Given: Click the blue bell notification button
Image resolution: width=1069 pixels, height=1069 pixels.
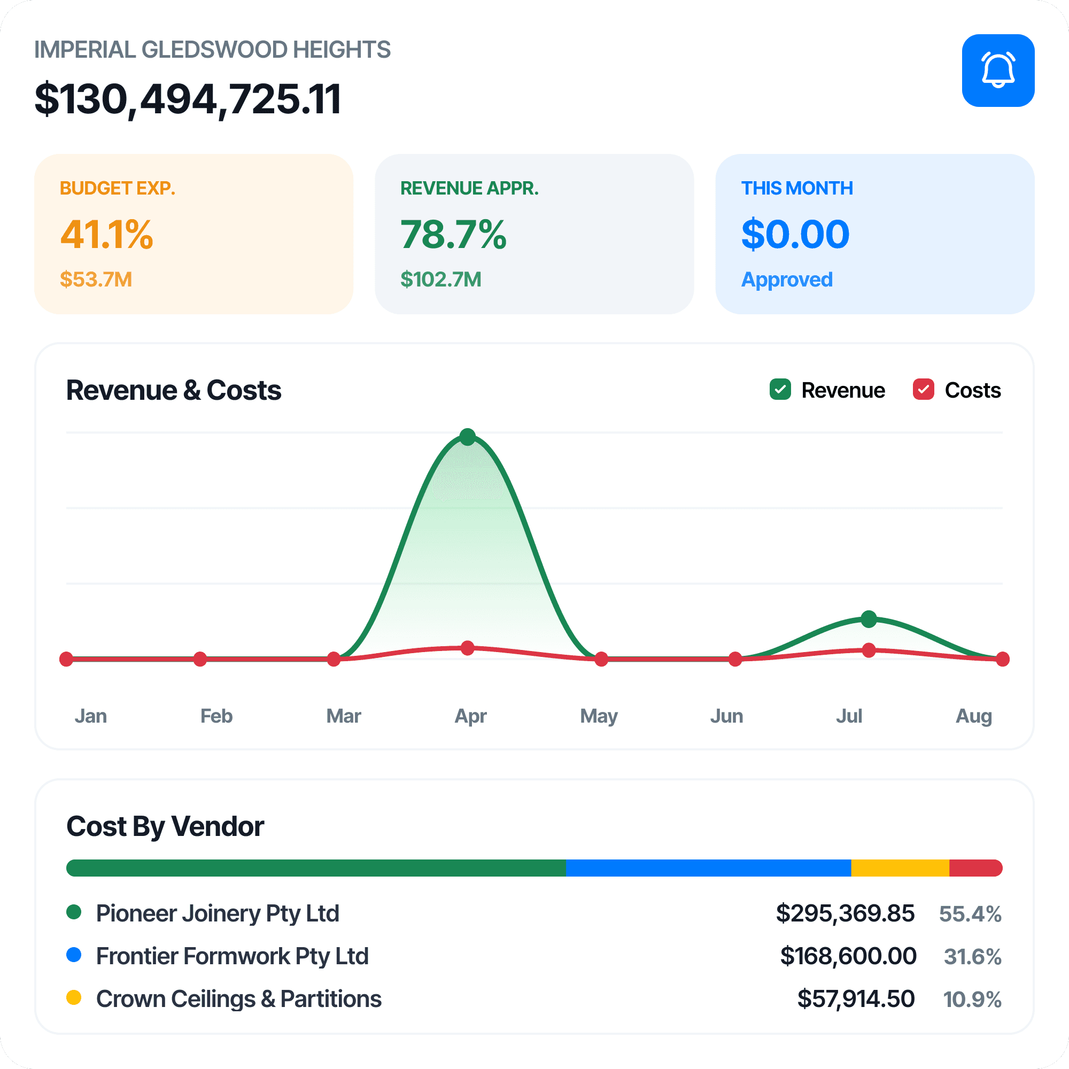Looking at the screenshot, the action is pos(998,70).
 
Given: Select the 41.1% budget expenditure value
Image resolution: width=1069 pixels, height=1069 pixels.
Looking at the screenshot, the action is pos(107,234).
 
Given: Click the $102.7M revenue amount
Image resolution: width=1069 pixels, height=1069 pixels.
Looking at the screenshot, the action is pos(441,280).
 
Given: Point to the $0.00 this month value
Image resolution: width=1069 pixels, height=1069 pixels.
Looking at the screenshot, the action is pos(795,234).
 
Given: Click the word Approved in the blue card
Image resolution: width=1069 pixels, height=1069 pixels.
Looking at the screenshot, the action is pos(787,280).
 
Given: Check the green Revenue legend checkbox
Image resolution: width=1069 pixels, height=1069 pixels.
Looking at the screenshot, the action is pos(780,390).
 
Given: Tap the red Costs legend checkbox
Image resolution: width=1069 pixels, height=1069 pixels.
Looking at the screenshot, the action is pos(924,390).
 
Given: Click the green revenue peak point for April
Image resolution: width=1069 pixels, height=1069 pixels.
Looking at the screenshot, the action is pos(468,437).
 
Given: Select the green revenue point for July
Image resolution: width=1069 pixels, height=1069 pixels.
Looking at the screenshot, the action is pos(869,618).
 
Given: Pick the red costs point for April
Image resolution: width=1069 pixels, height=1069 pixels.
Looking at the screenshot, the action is pos(468,648).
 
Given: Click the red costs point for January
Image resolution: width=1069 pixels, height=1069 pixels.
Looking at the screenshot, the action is pos(66,659).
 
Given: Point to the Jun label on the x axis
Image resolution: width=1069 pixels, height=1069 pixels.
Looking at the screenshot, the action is pos(726,716).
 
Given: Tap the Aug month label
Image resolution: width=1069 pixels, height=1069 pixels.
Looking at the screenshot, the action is pos(974,717).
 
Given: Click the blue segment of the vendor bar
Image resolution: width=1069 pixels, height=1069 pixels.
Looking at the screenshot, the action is pos(709,867).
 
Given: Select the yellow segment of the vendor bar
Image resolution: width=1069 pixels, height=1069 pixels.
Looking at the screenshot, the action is pos(900,867).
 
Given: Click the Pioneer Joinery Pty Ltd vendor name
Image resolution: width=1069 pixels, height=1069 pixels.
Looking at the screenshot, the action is pos(218,913).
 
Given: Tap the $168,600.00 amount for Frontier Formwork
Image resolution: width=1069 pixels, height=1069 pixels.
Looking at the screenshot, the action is pos(848,956).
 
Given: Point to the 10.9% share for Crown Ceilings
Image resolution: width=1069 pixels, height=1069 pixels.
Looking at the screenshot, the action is pos(972,1000).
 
